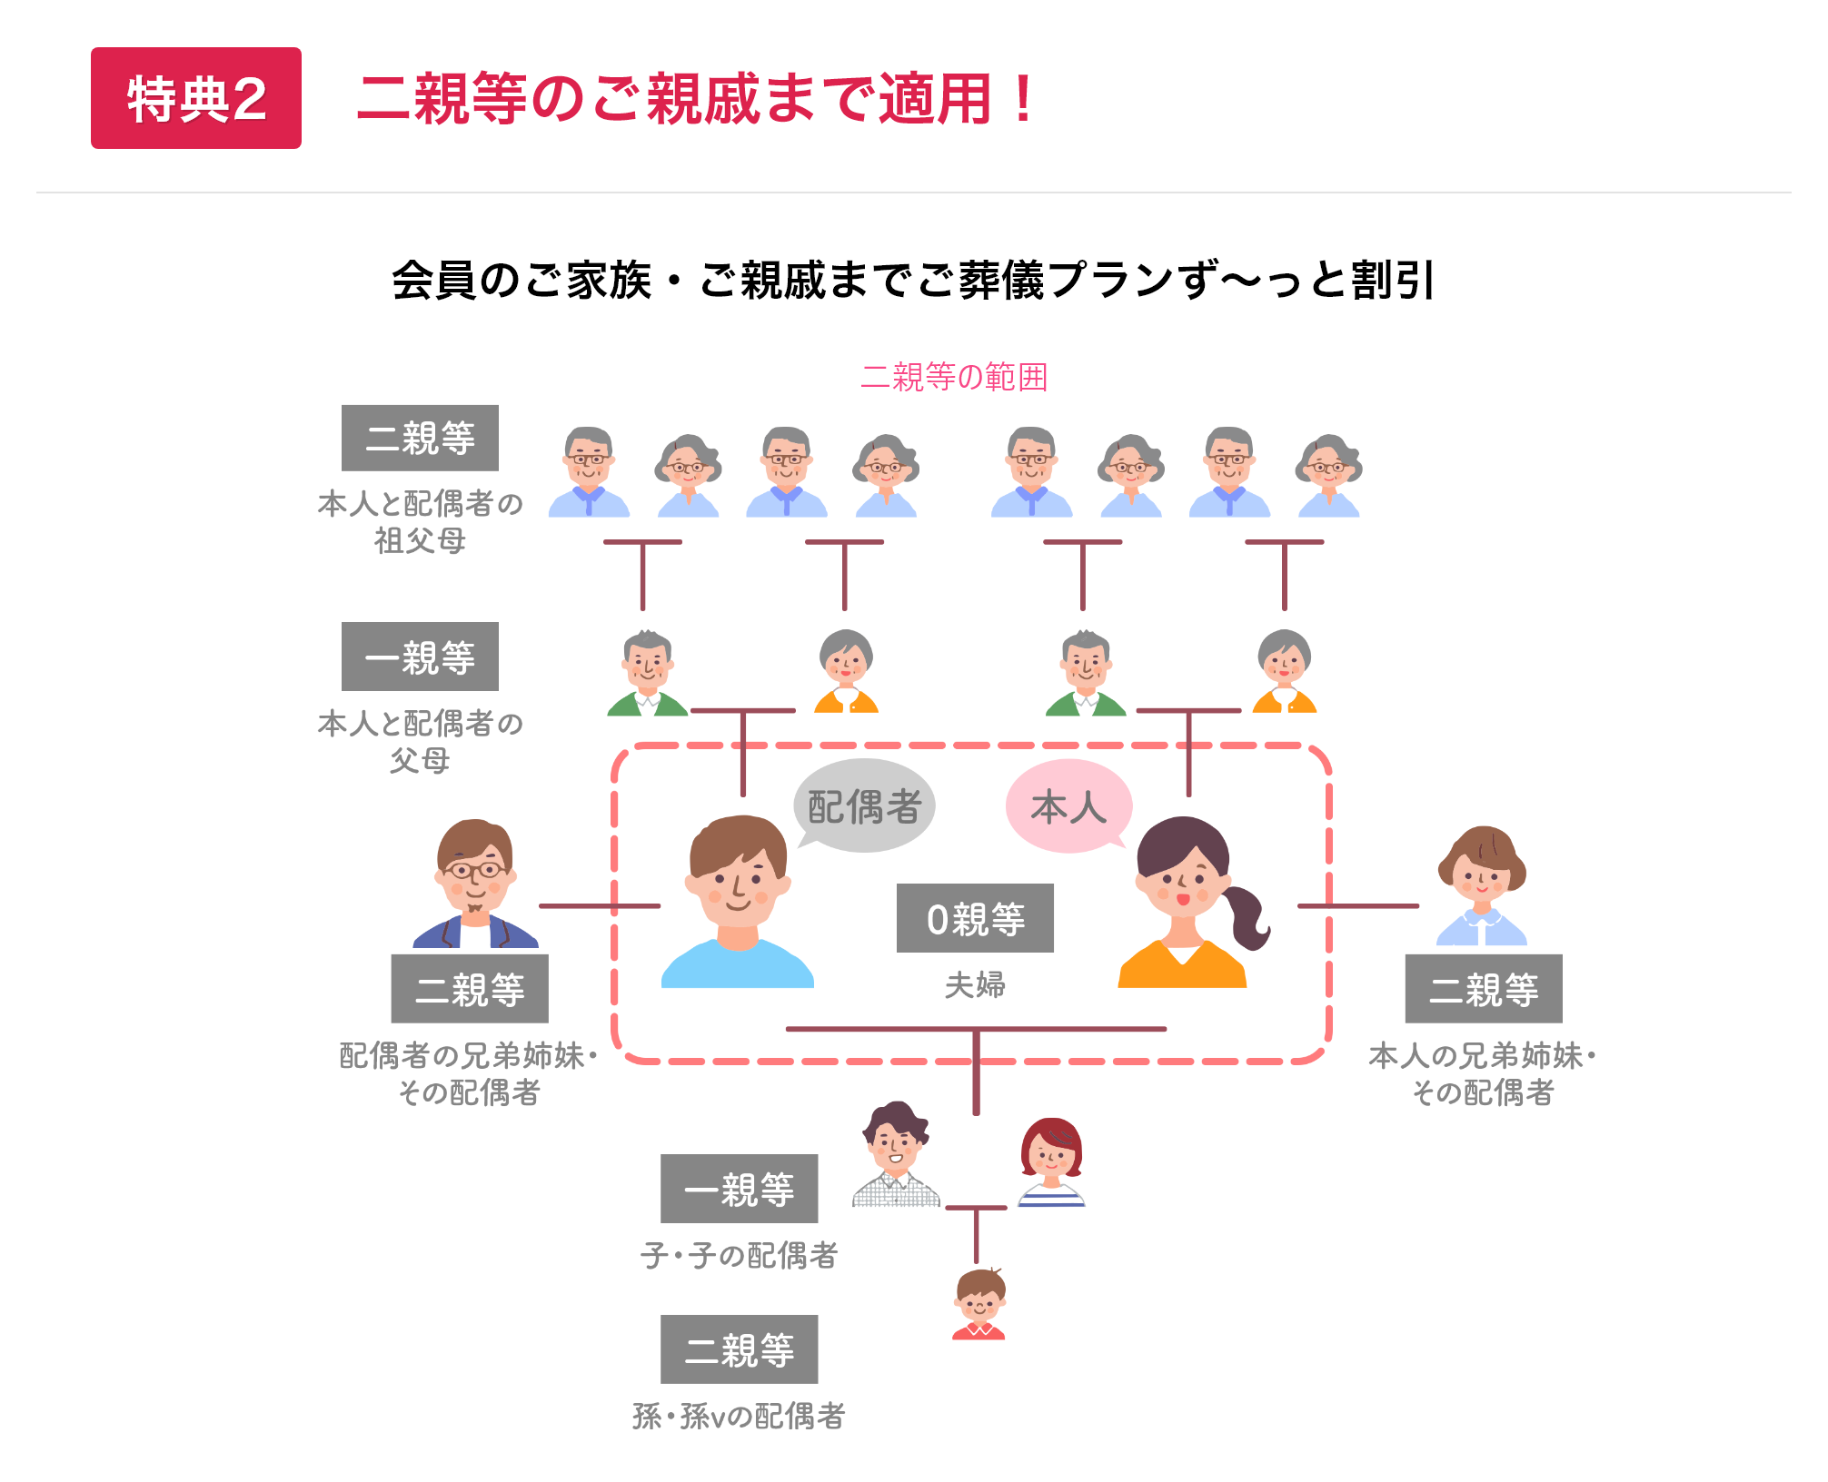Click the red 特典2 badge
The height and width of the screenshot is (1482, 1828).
pos(195,98)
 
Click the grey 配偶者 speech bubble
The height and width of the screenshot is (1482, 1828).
pos(864,805)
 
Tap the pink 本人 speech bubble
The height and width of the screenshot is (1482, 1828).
pos(1068,806)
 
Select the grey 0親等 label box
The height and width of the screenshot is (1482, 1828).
pos(975,918)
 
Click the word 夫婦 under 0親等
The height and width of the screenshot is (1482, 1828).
pos(975,985)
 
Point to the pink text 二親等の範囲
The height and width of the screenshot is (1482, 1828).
pos(954,377)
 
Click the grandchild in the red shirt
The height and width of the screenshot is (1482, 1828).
pos(979,1304)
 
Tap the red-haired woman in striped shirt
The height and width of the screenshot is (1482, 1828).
pos(1051,1161)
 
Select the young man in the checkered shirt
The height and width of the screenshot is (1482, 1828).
pos(896,1155)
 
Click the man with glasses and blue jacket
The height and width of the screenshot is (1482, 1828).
pos(475,884)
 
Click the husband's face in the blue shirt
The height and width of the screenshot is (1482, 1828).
pos(737,875)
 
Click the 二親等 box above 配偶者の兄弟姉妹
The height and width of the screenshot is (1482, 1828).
pos(470,989)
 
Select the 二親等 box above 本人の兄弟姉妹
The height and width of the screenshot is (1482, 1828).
pos(1484,989)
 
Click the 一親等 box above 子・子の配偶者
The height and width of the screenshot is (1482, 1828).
pos(739,1189)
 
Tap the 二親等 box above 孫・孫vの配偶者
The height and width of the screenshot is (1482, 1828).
pos(739,1349)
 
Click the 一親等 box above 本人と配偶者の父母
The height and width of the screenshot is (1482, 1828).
pos(420,657)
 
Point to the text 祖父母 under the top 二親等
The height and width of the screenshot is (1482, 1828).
pos(420,541)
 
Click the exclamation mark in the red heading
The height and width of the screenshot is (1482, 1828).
pos(1023,98)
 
